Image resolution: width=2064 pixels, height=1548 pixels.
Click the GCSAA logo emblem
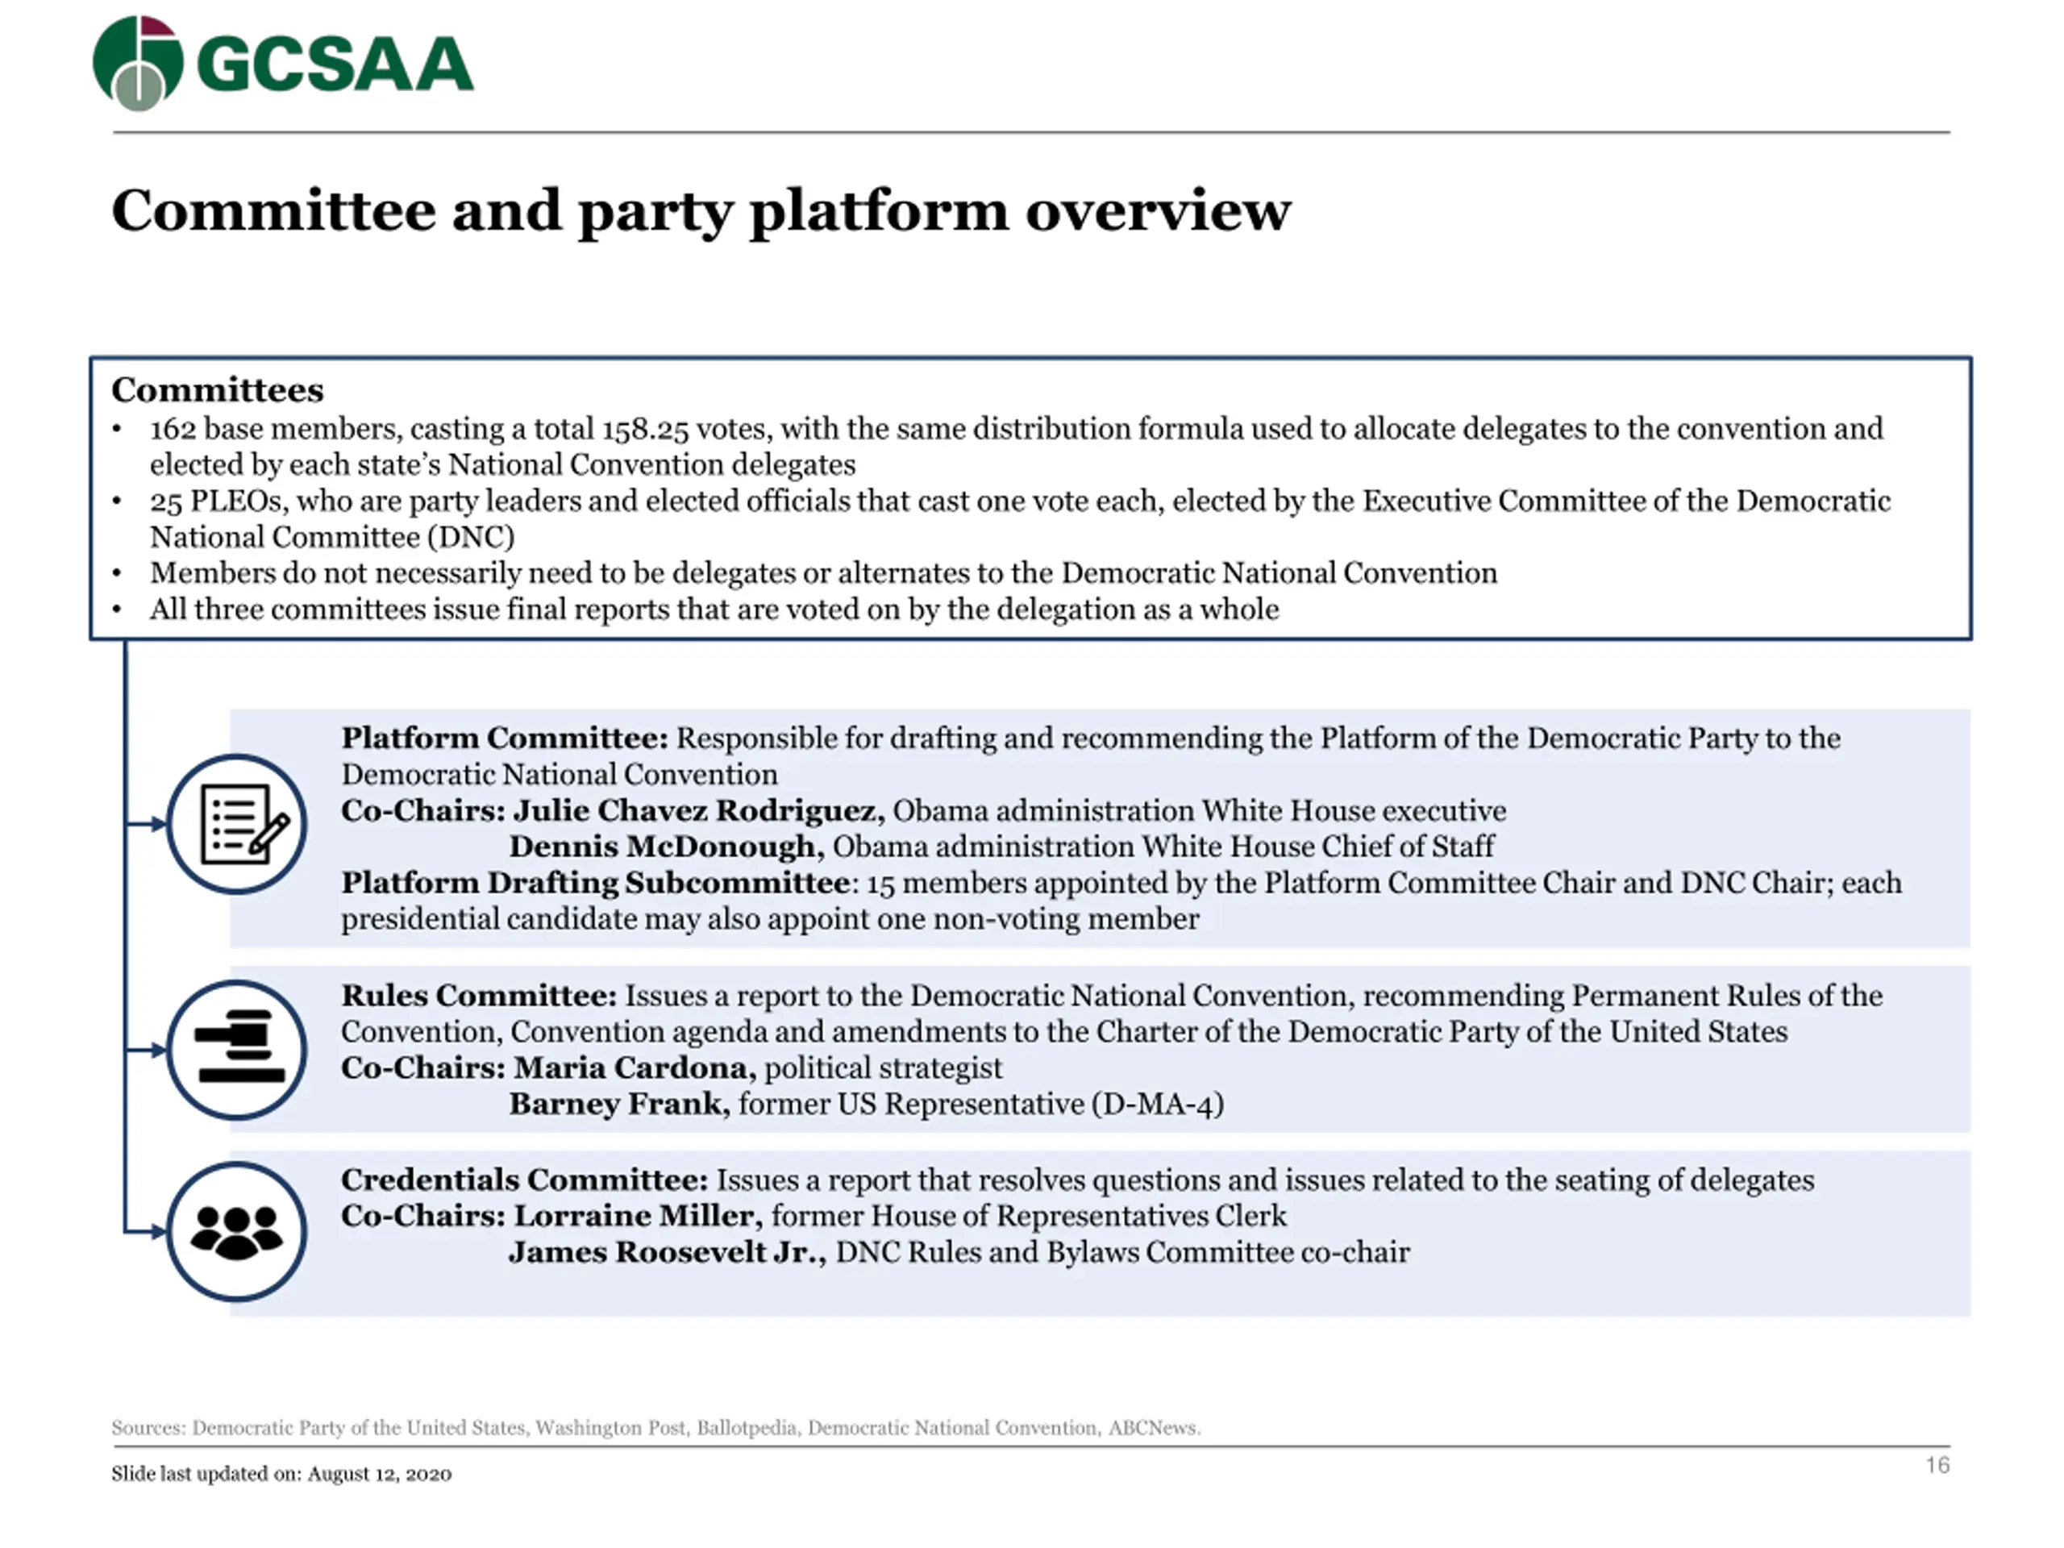pos(138,63)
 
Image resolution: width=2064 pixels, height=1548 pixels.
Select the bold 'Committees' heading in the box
pos(218,390)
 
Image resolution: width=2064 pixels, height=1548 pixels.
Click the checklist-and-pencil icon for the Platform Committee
pos(237,824)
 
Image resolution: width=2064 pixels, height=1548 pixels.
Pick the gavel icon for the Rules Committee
pos(237,1050)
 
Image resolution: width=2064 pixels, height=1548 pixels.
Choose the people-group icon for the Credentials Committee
pos(237,1232)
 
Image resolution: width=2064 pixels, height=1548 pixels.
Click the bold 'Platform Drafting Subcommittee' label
pos(595,883)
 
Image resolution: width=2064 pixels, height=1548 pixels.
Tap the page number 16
pos(1937,1465)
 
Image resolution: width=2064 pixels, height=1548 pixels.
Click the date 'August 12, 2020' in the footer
pos(379,1475)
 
